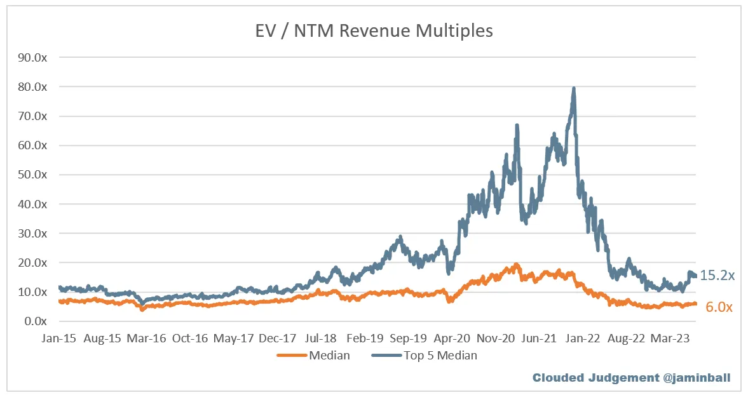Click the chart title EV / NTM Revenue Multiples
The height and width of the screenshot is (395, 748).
click(374, 30)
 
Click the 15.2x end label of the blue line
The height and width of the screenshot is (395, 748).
click(717, 276)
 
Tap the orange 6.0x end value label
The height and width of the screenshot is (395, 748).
click(719, 307)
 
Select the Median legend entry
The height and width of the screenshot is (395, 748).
click(329, 356)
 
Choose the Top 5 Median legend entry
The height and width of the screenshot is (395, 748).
click(440, 356)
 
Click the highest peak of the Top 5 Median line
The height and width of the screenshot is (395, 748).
click(574, 88)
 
